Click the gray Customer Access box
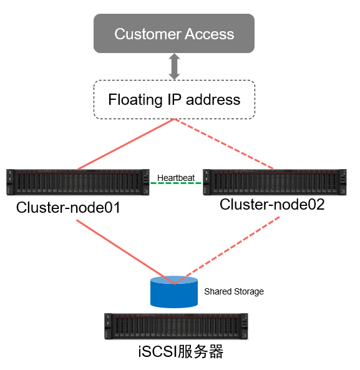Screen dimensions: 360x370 tap(174, 33)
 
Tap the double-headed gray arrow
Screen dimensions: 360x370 tap(174, 66)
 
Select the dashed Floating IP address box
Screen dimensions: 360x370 tap(174, 99)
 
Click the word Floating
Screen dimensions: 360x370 tap(135, 100)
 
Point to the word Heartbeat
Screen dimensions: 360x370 tap(176, 178)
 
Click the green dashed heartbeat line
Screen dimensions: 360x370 tap(176, 183)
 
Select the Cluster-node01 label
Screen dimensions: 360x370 tap(68, 208)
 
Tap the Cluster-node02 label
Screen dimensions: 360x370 tap(272, 205)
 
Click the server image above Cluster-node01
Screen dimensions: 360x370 tap(78, 182)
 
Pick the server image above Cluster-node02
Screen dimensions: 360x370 tap(275, 182)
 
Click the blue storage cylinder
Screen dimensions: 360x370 tap(174, 292)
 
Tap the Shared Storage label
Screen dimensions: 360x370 tap(234, 291)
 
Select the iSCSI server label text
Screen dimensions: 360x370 tap(181, 352)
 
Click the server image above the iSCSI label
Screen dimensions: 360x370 tap(176, 326)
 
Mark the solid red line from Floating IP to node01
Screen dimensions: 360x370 tap(126, 144)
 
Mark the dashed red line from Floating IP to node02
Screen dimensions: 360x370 tap(223, 144)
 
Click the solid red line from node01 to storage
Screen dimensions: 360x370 tap(125, 252)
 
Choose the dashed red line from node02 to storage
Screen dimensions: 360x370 tap(227, 250)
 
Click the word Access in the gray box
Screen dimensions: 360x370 tap(209, 34)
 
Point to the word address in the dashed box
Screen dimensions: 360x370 tap(213, 100)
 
